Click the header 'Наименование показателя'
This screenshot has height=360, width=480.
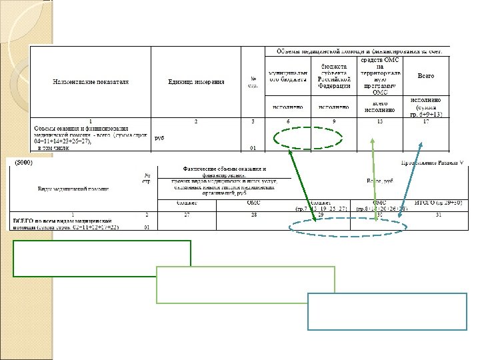coord(91,81)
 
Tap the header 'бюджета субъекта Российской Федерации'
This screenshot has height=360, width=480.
coord(334,76)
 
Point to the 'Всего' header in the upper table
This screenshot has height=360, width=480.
coord(425,76)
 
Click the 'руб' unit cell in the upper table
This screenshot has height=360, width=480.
coord(159,138)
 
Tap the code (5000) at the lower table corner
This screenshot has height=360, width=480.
coord(23,163)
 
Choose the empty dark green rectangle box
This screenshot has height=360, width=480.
coord(101,258)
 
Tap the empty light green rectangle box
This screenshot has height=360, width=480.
coord(244,285)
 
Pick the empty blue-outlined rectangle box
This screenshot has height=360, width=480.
coord(386,311)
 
